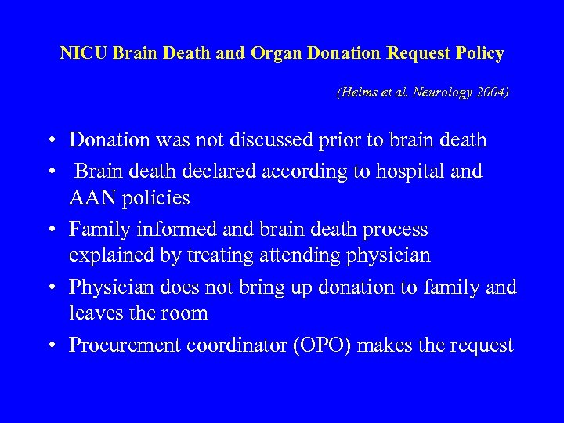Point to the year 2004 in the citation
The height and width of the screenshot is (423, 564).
pos(491,92)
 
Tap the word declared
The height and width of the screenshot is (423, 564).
pos(228,171)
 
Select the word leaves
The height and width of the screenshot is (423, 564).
pos(95,313)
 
